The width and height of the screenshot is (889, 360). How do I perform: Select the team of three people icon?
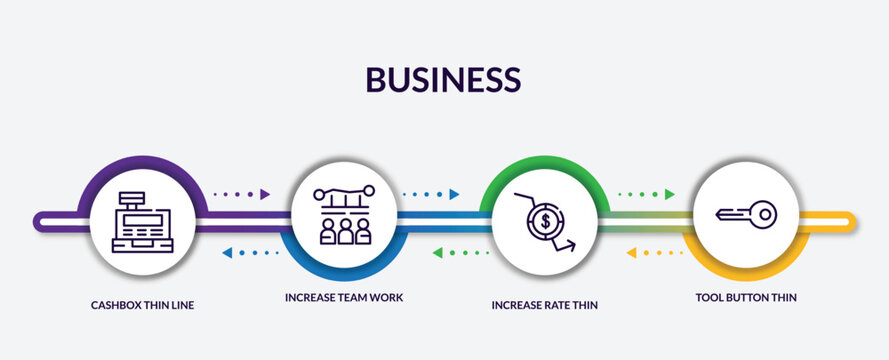(344, 231)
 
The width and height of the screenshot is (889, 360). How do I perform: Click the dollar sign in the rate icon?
(544, 221)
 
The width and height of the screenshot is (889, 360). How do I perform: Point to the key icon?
(746, 214)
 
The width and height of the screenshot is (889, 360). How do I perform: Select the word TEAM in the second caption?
(354, 298)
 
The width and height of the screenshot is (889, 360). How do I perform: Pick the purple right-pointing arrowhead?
(266, 194)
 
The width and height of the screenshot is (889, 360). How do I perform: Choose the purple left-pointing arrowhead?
(227, 253)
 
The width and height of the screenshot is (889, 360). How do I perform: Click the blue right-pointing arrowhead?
(455, 194)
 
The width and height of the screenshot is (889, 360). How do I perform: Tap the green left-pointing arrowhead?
(437, 253)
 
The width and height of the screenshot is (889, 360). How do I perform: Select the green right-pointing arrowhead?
(670, 194)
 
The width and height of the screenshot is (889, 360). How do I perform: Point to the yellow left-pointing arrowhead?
(631, 253)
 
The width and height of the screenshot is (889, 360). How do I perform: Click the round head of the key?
(764, 214)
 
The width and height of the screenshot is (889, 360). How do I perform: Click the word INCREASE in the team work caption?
(313, 298)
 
